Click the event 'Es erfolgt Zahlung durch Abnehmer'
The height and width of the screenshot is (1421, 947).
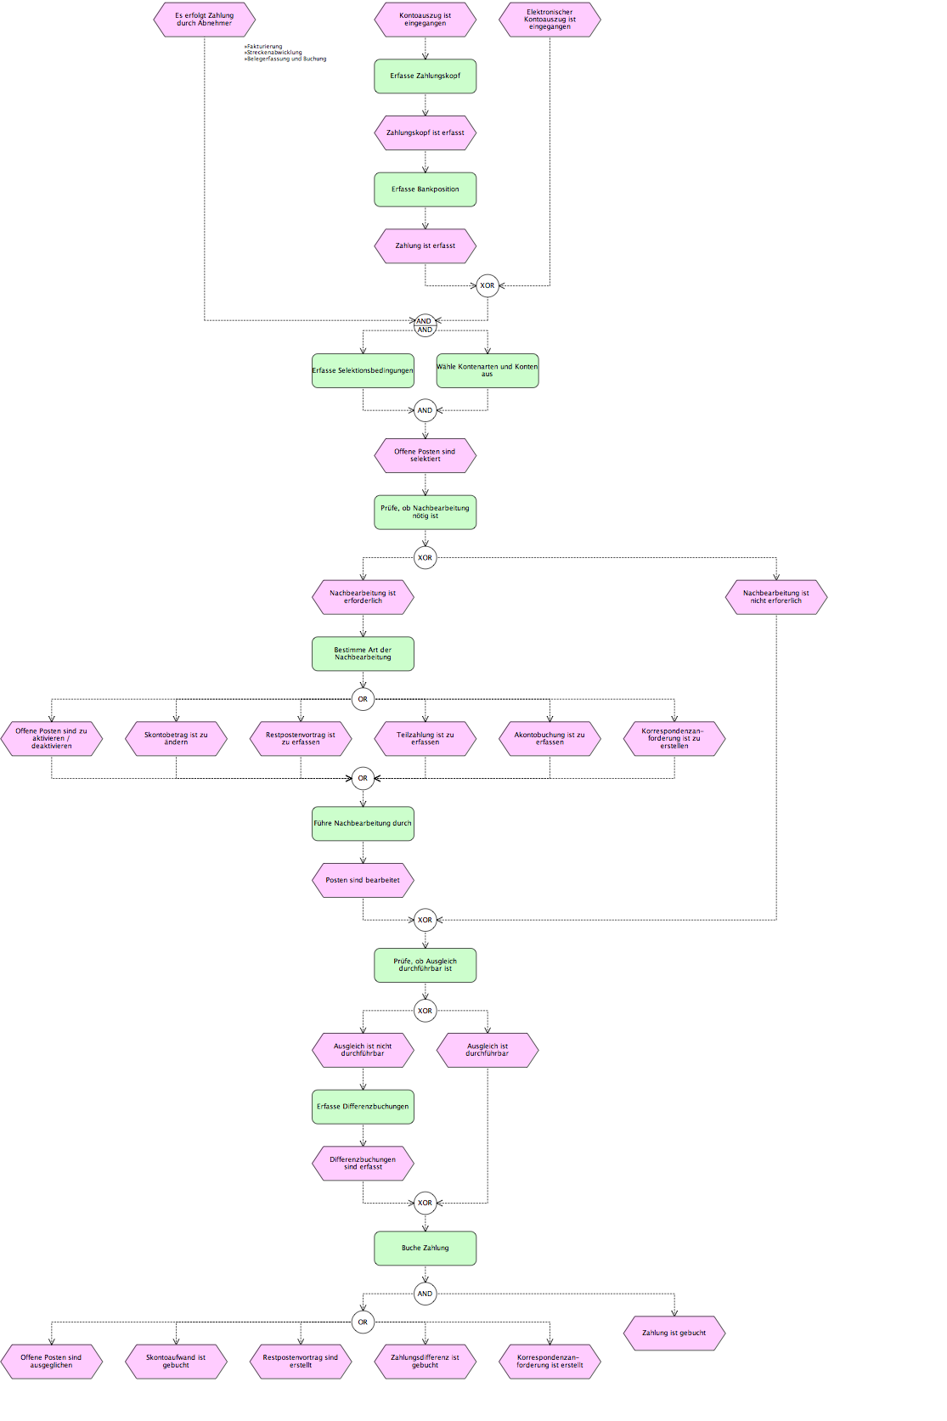tap(204, 20)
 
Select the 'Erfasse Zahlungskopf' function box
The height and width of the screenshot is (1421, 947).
tap(425, 76)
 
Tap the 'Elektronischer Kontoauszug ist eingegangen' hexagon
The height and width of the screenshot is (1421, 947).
tap(550, 20)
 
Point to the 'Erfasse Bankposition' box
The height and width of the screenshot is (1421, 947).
tap(425, 189)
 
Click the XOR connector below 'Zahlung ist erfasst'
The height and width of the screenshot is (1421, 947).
tap(488, 285)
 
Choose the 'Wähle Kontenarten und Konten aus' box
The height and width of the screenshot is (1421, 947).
tap(488, 370)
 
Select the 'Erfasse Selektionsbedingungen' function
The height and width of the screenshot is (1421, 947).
tap(363, 370)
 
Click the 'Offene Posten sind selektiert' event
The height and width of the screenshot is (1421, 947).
tap(425, 455)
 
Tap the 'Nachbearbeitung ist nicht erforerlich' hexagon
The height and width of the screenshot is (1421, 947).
tap(776, 597)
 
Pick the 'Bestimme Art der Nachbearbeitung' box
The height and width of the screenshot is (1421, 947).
tap(363, 654)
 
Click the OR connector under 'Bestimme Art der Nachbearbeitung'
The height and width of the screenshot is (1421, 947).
tap(363, 699)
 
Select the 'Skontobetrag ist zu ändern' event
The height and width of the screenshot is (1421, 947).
tap(177, 738)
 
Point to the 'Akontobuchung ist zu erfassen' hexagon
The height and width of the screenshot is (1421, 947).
tap(550, 738)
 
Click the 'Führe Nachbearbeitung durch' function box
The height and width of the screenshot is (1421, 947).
tap(363, 823)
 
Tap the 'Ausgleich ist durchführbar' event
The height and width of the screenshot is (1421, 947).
tap(488, 1050)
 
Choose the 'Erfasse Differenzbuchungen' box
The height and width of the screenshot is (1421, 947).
tap(363, 1107)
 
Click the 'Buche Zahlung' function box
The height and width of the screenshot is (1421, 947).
tap(425, 1249)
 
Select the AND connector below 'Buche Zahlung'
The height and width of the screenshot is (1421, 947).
tap(425, 1294)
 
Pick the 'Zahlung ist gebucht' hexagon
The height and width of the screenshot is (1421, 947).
tap(674, 1333)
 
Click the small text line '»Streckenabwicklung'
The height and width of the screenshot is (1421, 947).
tap(273, 53)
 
